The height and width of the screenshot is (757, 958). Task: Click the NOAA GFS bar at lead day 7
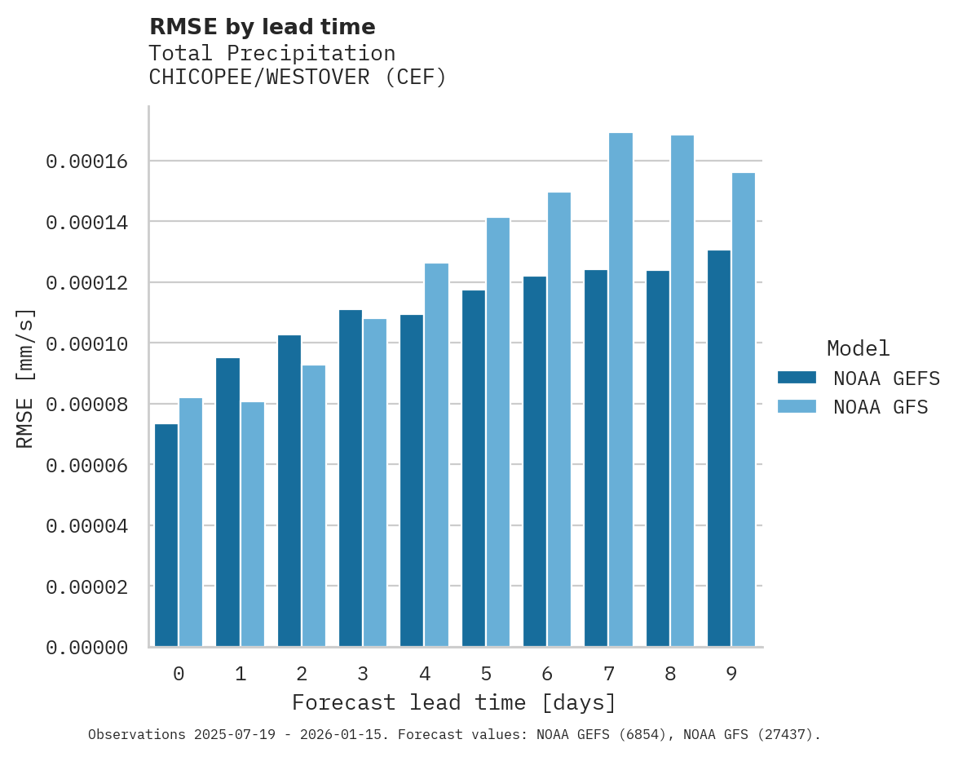pyautogui.click(x=620, y=390)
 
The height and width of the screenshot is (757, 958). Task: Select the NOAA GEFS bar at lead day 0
pyautogui.click(x=166, y=535)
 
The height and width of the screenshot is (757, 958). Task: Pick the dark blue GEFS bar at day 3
pyautogui.click(x=351, y=478)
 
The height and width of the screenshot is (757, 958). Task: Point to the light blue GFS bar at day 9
pyautogui.click(x=744, y=409)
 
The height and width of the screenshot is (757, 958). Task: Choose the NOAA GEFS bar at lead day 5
pyautogui.click(x=474, y=468)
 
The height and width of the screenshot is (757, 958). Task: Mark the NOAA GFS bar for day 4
pyautogui.click(x=436, y=455)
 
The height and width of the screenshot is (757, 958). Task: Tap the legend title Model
pyautogui.click(x=858, y=348)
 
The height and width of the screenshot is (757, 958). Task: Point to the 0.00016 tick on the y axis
pyautogui.click(x=87, y=162)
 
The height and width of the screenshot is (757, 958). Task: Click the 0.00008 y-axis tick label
pyautogui.click(x=87, y=405)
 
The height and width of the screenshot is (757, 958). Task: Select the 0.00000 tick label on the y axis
pyautogui.click(x=87, y=648)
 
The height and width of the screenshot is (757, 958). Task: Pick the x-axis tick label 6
pyautogui.click(x=547, y=674)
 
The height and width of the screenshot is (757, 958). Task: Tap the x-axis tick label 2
pyautogui.click(x=302, y=674)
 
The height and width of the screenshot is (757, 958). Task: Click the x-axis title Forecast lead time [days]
pyautogui.click(x=454, y=702)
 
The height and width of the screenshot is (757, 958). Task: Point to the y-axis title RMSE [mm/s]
pyautogui.click(x=25, y=378)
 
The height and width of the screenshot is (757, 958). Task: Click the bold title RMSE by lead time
pyautogui.click(x=263, y=27)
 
